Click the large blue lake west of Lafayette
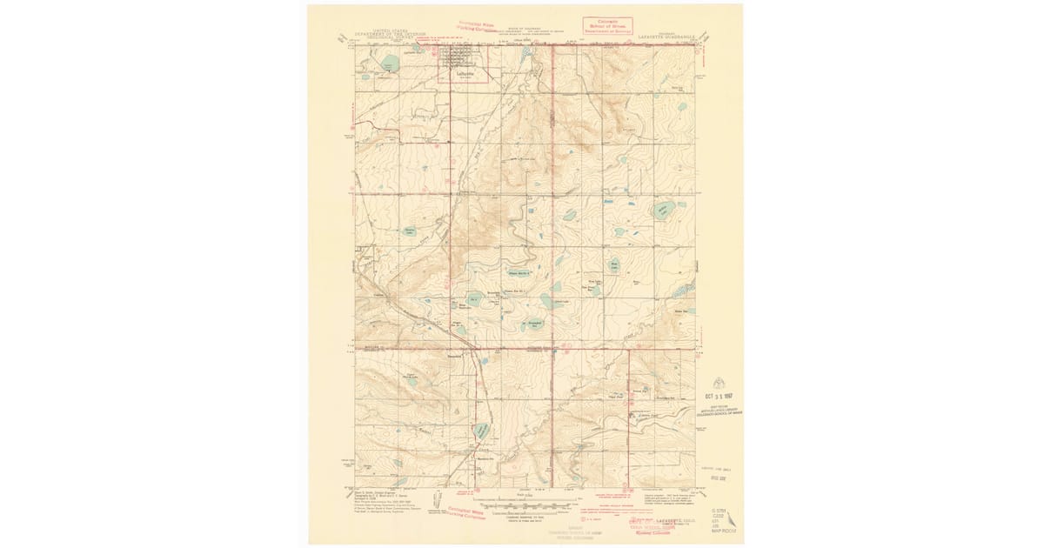point(389,63)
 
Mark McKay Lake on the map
point(665,210)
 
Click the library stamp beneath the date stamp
point(719,410)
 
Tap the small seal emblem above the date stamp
point(718,381)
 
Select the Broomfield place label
point(454,356)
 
